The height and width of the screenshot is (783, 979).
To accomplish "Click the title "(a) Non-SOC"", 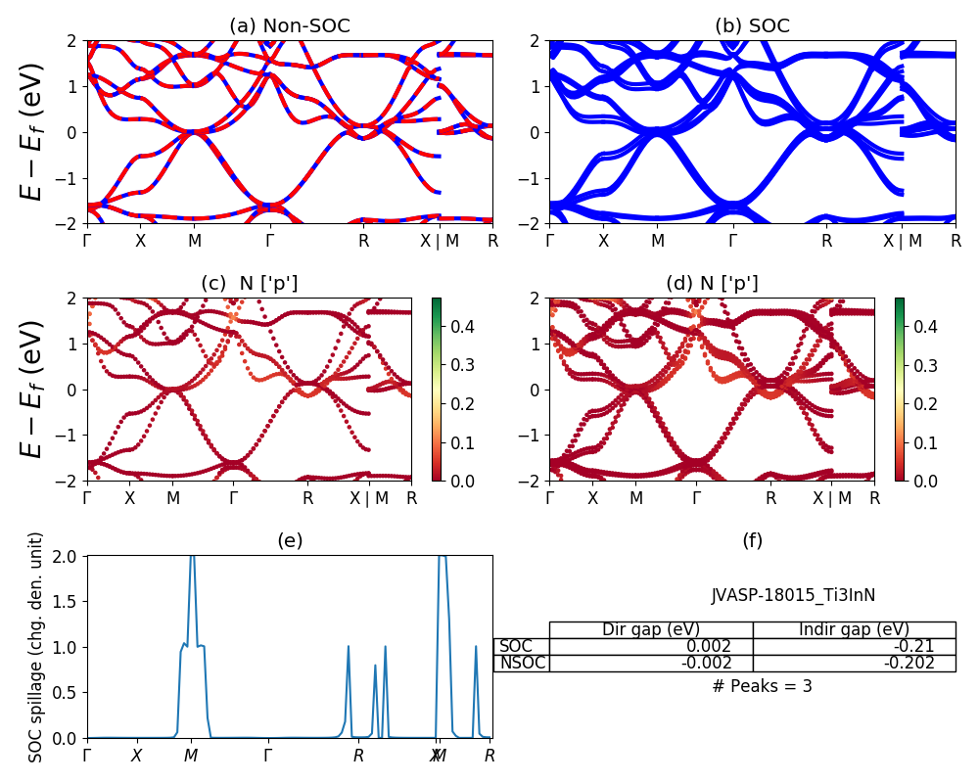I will point(289,25).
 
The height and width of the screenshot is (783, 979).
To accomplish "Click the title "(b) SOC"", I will point(752,25).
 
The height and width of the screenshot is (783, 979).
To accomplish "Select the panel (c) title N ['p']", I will point(250,283).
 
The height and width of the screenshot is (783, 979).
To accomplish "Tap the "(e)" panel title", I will point(290,540).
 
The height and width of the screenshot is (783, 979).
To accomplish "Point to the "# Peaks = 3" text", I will point(762,686).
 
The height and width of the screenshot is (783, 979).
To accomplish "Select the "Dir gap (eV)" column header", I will point(651,629).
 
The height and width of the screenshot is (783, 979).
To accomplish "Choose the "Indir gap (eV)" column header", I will point(854,629).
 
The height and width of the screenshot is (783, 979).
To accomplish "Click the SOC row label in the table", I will point(516,646).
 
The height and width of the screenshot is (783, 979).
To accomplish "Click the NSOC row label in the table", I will point(523,663).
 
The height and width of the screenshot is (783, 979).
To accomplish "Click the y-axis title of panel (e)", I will point(36,647).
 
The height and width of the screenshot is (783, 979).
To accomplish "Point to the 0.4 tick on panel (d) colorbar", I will point(926,326).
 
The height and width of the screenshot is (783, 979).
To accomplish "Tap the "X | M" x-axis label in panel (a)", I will point(439,241).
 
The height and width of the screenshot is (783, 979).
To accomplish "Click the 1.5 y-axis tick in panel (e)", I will point(70,601).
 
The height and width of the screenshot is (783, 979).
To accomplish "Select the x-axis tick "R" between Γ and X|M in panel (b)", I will point(826,241).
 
